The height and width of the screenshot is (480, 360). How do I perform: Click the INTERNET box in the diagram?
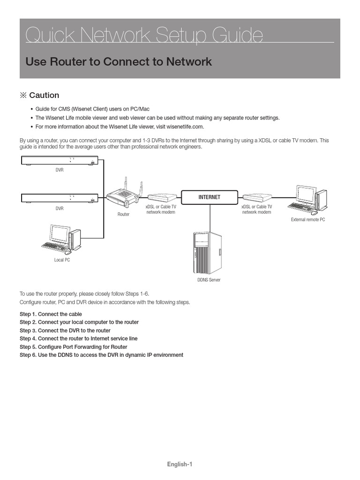[209, 197]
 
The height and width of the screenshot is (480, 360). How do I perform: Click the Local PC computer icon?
[60, 239]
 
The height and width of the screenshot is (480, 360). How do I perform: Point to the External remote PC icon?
[307, 199]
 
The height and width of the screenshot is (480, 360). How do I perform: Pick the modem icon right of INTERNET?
[257, 198]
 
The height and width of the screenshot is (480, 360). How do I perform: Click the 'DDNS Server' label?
[209, 280]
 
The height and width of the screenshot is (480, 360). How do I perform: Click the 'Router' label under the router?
[123, 214]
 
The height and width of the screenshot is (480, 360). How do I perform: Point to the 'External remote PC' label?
[307, 219]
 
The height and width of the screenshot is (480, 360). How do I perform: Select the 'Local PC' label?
[62, 260]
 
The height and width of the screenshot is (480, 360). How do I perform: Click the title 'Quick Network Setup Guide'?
[144, 36]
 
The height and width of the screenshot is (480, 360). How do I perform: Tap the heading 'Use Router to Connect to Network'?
[119, 62]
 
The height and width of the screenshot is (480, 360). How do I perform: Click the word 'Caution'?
[44, 95]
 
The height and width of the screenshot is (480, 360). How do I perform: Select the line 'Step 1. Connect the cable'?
[51, 314]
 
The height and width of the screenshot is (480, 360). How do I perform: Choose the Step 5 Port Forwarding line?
[73, 347]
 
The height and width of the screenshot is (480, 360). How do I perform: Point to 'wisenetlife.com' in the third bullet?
[186, 127]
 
